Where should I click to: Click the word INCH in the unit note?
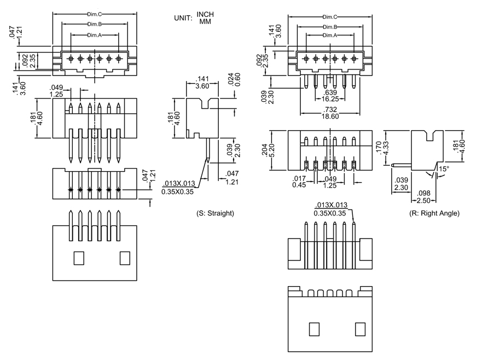[x=205, y=14]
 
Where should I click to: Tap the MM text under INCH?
[x=205, y=21]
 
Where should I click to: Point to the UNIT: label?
[x=183, y=18]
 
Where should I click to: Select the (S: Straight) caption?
[x=215, y=213]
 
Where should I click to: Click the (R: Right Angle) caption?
[x=434, y=213]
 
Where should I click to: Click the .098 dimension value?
[x=423, y=193]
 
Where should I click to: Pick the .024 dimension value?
[x=230, y=80]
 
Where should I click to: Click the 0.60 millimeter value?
[x=237, y=80]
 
